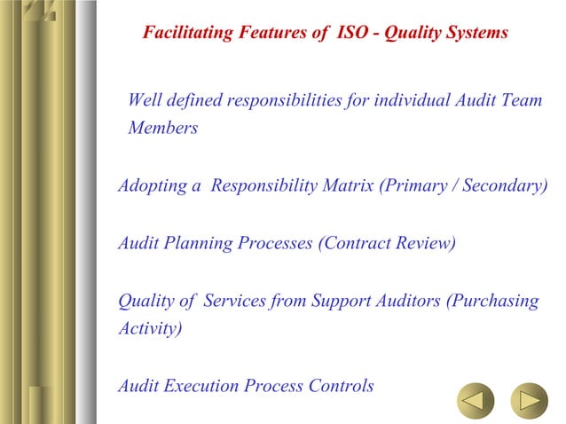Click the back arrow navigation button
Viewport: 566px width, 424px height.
[x=476, y=401]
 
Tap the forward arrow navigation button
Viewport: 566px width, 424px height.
[x=529, y=401]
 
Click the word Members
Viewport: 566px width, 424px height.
[x=163, y=128]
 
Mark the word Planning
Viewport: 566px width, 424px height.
[x=194, y=242]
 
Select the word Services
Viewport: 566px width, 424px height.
[x=236, y=301]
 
